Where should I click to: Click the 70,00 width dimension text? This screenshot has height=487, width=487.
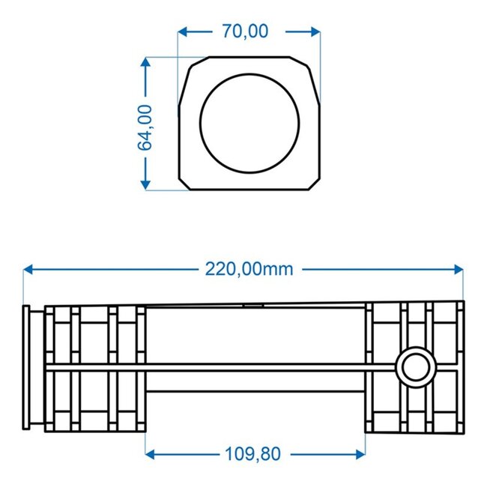coord(245,31)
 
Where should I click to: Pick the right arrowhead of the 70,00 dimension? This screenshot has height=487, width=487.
coord(315,31)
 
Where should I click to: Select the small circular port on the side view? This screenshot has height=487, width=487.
coord(414,367)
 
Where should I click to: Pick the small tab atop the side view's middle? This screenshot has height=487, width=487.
coord(252,304)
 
